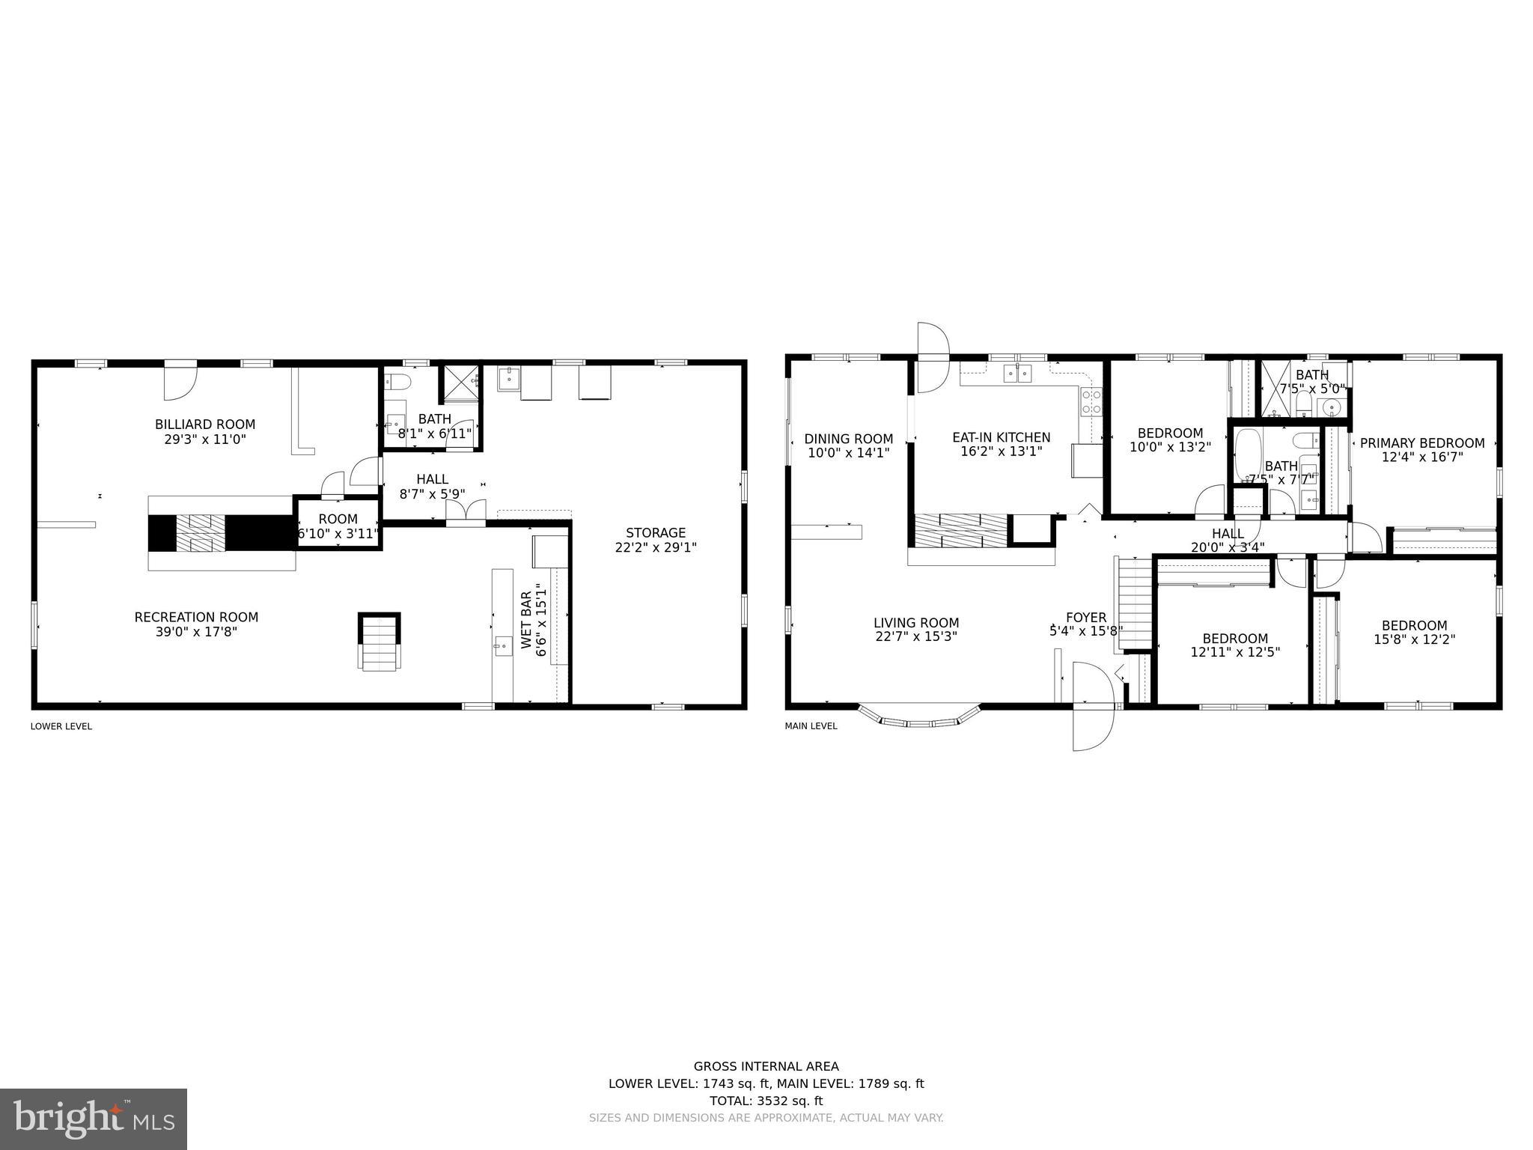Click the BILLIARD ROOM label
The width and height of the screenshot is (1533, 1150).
[x=205, y=425]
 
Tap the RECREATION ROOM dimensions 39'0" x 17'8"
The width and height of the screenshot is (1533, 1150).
[x=196, y=632]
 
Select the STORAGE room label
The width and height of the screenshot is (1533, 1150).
[x=656, y=532]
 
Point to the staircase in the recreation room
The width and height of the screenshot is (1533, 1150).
[x=380, y=642]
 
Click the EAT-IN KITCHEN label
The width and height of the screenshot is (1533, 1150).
[x=1001, y=437]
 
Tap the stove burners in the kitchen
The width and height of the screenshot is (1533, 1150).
[x=1091, y=402]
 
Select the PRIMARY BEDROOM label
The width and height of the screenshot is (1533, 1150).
[x=1421, y=443]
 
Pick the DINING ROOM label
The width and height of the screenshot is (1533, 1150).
[x=848, y=439]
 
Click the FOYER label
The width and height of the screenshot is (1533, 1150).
[x=1085, y=617]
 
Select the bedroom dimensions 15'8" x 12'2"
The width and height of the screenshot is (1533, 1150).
[x=1414, y=639]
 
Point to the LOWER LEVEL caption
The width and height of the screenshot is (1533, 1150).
[x=61, y=726]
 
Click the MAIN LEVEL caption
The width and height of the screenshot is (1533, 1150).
[x=811, y=726]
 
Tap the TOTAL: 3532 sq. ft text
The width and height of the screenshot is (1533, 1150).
[x=766, y=1101]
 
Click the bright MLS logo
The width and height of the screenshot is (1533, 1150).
[x=93, y=1119]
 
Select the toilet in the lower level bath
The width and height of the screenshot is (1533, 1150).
[x=397, y=382]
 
